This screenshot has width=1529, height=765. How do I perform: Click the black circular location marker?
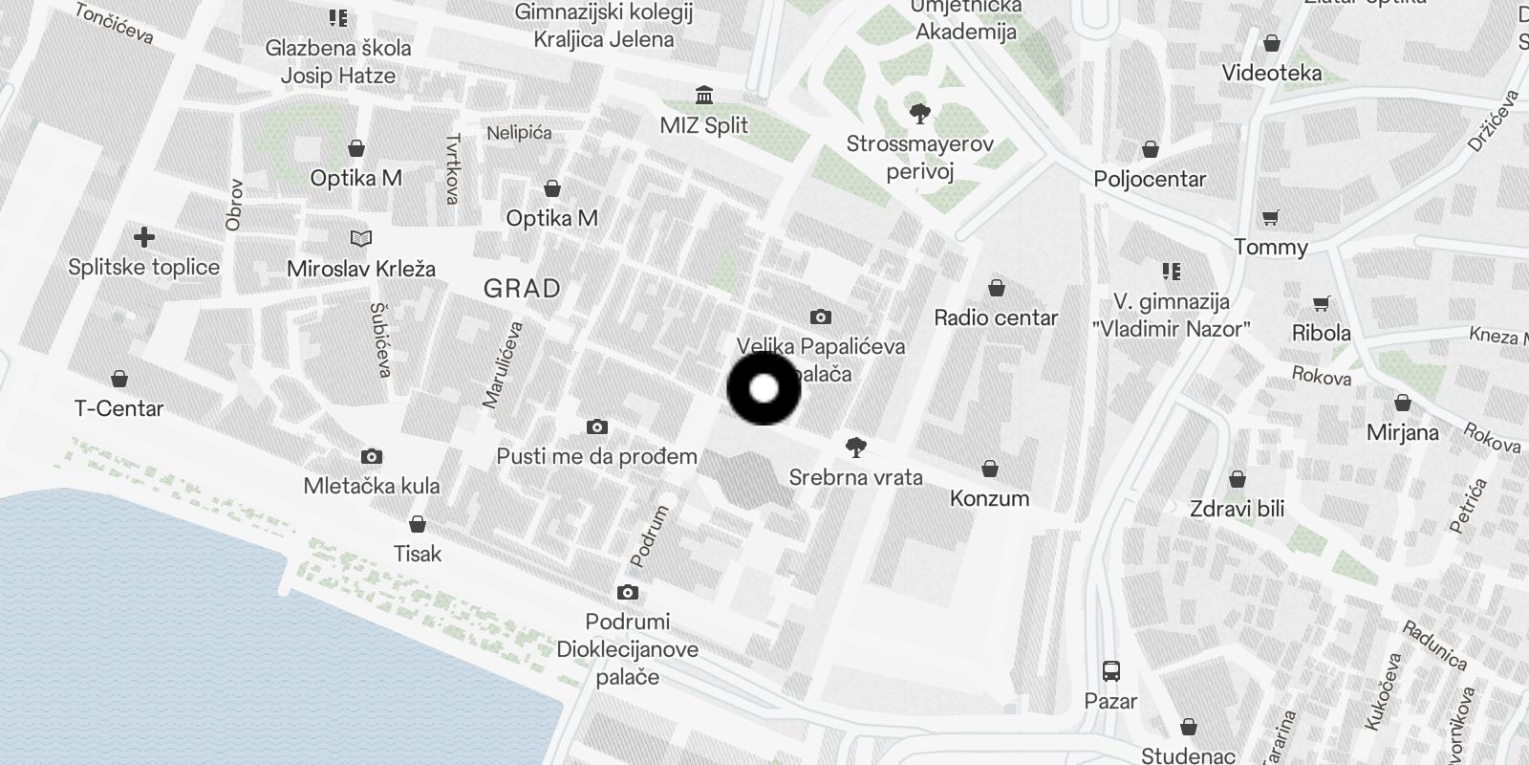(764, 388)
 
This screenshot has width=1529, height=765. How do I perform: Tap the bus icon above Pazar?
(1110, 670)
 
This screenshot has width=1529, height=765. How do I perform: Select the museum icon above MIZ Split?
(705, 96)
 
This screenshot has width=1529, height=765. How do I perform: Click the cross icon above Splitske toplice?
(144, 237)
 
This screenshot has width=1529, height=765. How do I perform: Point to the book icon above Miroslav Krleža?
(360, 238)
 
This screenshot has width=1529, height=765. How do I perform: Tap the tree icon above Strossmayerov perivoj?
(920, 115)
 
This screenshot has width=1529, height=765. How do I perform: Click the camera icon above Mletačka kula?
(372, 457)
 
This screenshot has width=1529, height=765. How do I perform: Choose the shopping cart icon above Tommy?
(1270, 218)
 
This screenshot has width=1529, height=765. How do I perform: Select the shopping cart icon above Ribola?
(1322, 304)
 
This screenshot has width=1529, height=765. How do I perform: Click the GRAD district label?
(522, 288)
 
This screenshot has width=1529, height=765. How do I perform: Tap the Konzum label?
(989, 498)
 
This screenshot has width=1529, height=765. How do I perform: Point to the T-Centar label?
(118, 408)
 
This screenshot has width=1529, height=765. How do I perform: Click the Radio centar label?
(996, 317)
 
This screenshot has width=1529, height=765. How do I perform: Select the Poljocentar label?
(1150, 179)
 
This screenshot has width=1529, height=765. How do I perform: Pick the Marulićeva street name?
(503, 365)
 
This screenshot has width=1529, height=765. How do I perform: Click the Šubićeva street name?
(379, 339)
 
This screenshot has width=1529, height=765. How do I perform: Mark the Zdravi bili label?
(1237, 509)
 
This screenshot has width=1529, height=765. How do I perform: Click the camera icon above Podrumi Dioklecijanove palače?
(627, 593)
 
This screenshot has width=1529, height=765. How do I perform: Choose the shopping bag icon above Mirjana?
(1402, 403)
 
